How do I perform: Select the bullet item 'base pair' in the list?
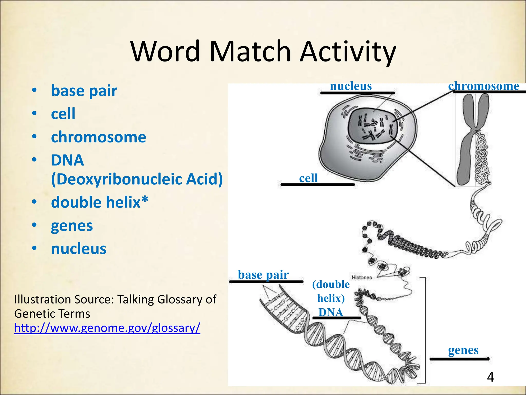[84, 91]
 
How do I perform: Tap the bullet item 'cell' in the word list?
[63, 114]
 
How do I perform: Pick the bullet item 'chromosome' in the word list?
[98, 137]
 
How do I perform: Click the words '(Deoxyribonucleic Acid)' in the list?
[137, 179]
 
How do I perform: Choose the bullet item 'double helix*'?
[100, 202]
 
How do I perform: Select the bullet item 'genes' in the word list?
[72, 226]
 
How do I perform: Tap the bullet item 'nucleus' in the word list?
[79, 249]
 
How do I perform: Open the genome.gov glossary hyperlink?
[107, 328]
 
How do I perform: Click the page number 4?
[490, 377]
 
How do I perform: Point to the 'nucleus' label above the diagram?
[351, 86]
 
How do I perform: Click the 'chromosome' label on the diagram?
[484, 86]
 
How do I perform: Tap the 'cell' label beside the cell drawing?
[308, 178]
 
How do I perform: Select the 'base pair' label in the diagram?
[263, 275]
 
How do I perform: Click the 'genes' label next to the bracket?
[463, 350]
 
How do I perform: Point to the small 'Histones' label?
[362, 277]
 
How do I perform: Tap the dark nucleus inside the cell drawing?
[372, 126]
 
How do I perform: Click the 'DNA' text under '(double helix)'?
[331, 312]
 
